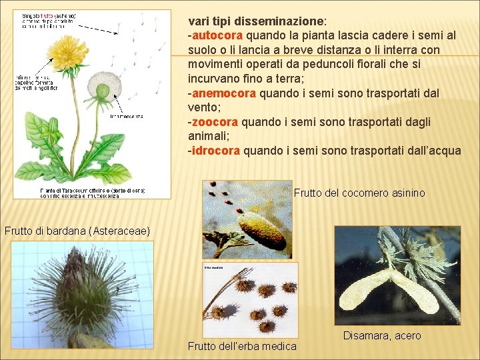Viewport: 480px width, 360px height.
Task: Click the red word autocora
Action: pos(219,35)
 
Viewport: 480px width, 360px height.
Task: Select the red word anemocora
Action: pos(224,93)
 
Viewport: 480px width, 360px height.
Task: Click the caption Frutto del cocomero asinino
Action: pos(359,193)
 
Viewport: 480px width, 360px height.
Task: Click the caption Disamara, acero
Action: pos(382,336)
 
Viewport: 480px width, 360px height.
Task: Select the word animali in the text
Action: pos(209,136)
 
